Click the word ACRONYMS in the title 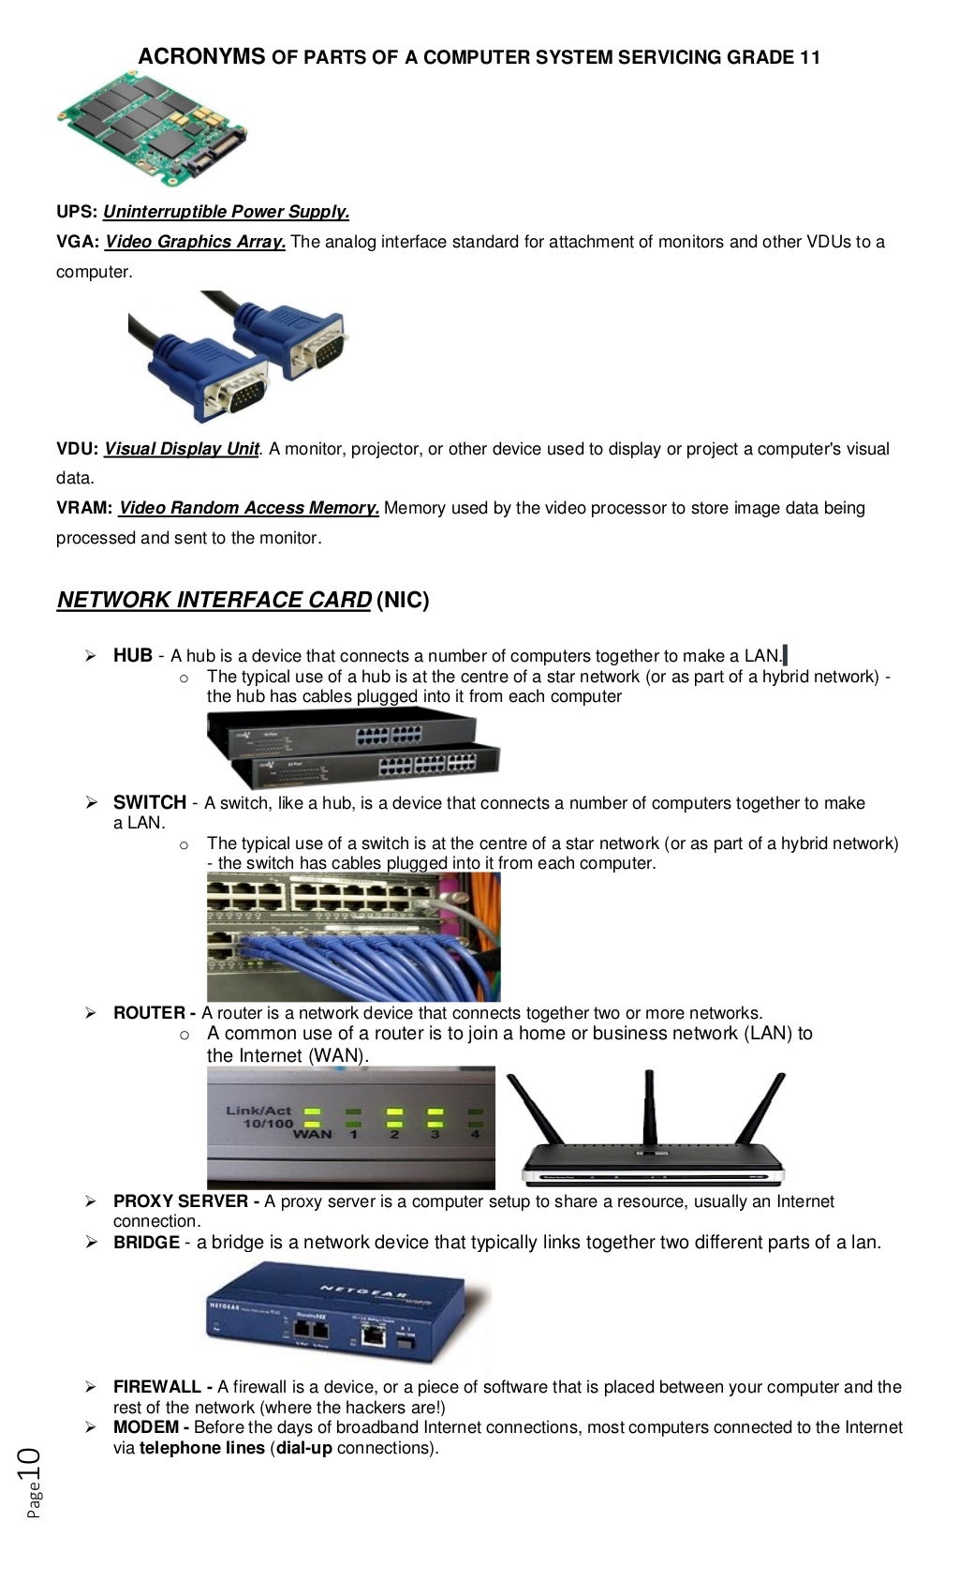(x=201, y=57)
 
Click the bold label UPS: (x=77, y=212)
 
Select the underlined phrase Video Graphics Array (x=195, y=242)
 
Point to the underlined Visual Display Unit (x=181, y=449)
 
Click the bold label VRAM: (x=84, y=508)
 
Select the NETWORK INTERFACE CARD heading (x=214, y=600)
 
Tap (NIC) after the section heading (x=403, y=600)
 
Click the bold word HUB (x=132, y=655)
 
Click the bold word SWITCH (x=149, y=802)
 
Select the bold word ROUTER (x=149, y=1013)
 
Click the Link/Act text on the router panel (x=258, y=1110)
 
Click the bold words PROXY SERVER (x=181, y=1201)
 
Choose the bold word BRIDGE (x=146, y=1243)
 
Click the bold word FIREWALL (x=157, y=1387)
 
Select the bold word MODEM (x=146, y=1427)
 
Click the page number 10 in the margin (x=28, y=1463)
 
